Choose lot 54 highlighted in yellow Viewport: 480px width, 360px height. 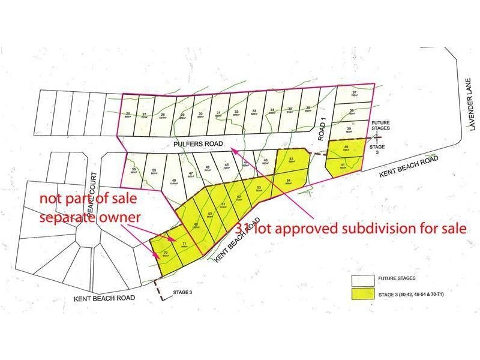click(x=289, y=181)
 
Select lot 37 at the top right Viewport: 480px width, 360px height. click(x=355, y=94)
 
